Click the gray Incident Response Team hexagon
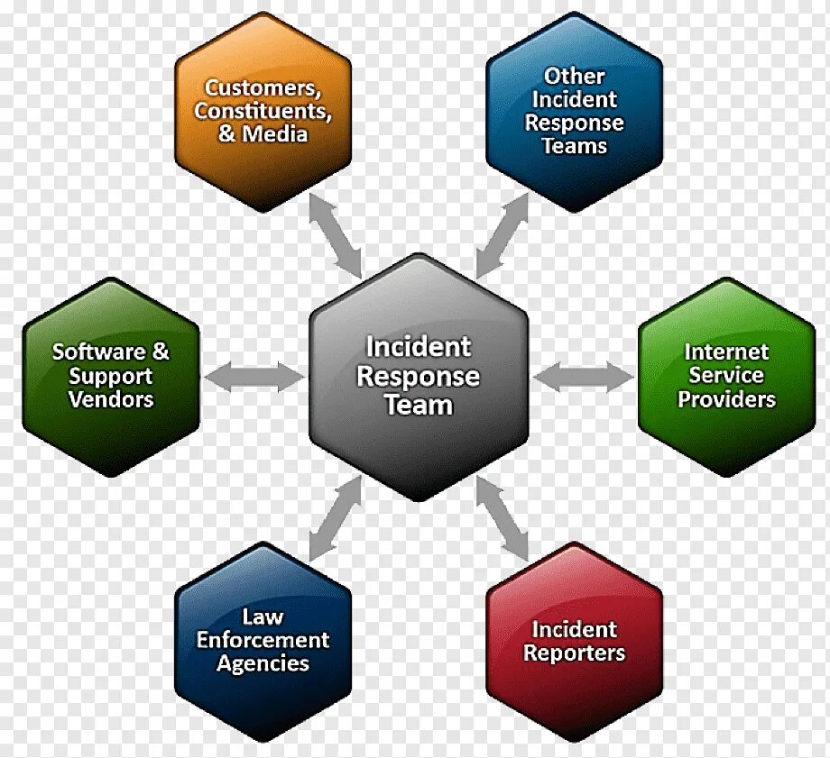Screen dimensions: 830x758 click(x=418, y=377)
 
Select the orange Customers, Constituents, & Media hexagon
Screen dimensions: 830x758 click(x=263, y=111)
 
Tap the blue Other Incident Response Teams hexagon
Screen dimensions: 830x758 click(x=575, y=111)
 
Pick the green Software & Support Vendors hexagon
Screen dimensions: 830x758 click(x=110, y=376)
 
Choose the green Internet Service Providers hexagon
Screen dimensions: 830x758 click(x=726, y=376)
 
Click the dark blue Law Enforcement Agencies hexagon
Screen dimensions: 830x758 click(x=263, y=641)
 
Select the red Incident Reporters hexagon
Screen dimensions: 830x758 click(x=575, y=641)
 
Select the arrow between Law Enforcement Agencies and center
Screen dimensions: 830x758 click(x=335, y=518)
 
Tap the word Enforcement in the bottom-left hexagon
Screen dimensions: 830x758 click(x=263, y=641)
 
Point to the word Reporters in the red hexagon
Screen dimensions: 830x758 click(x=575, y=653)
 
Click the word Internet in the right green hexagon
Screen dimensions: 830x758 click(x=726, y=352)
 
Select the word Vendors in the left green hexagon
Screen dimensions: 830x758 click(x=111, y=399)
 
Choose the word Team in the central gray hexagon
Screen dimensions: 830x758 click(x=419, y=406)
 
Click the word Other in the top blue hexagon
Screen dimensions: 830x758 click(x=574, y=77)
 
